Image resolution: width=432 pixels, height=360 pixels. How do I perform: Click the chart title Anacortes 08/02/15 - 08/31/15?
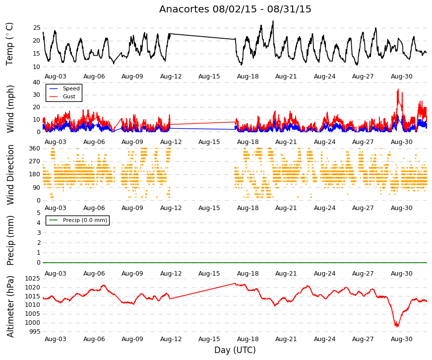[x=235, y=9]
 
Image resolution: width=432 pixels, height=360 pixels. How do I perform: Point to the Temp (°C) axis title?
[x=9, y=44]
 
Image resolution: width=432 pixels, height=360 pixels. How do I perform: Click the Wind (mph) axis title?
[x=10, y=109]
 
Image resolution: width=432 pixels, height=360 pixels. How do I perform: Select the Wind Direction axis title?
[x=10, y=175]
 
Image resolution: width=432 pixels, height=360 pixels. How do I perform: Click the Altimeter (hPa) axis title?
[x=10, y=306]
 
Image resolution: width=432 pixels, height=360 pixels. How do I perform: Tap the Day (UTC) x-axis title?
[x=235, y=350]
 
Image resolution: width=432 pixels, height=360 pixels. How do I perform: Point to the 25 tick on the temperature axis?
[x=37, y=28]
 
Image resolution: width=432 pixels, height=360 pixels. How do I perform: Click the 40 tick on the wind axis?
[x=37, y=82]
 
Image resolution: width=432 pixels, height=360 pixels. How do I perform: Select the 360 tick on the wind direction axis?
[x=35, y=148]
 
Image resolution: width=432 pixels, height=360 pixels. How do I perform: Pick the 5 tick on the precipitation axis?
[x=39, y=213]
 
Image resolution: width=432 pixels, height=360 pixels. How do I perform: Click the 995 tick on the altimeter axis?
[x=35, y=331]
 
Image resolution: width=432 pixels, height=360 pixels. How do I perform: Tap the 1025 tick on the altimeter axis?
[x=33, y=279]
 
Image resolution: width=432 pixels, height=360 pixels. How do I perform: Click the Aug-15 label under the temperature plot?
[x=209, y=76]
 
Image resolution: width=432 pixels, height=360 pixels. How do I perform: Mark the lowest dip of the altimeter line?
[x=397, y=326]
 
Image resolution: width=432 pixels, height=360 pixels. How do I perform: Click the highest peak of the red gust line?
[x=398, y=89]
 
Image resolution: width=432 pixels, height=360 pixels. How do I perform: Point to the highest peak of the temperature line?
[x=273, y=21]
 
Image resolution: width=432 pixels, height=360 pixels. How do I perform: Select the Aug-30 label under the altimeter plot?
[x=401, y=339]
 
